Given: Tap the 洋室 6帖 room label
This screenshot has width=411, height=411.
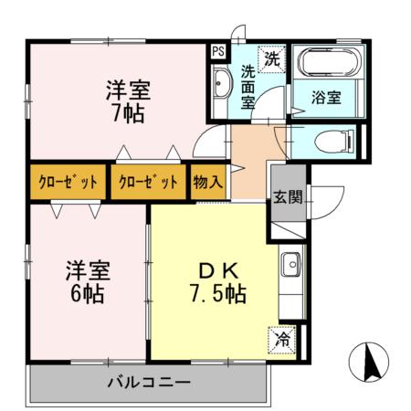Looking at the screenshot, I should coord(87,282).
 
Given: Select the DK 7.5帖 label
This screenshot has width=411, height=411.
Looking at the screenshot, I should coord(216,282).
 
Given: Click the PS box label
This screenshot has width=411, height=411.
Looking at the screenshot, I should coord(219,52).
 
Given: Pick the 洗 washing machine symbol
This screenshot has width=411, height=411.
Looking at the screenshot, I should coord(271,58).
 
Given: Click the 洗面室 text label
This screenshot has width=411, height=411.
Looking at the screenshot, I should coord(248,87).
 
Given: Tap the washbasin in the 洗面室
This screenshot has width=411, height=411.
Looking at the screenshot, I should coord(222,87).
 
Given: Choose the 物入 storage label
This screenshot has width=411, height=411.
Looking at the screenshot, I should coord(208,181).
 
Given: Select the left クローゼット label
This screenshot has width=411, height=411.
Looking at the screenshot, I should coord(68,181).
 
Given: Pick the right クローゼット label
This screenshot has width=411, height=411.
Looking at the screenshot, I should coord(148,181).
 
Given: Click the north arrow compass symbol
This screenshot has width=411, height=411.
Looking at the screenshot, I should coord(371,363).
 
